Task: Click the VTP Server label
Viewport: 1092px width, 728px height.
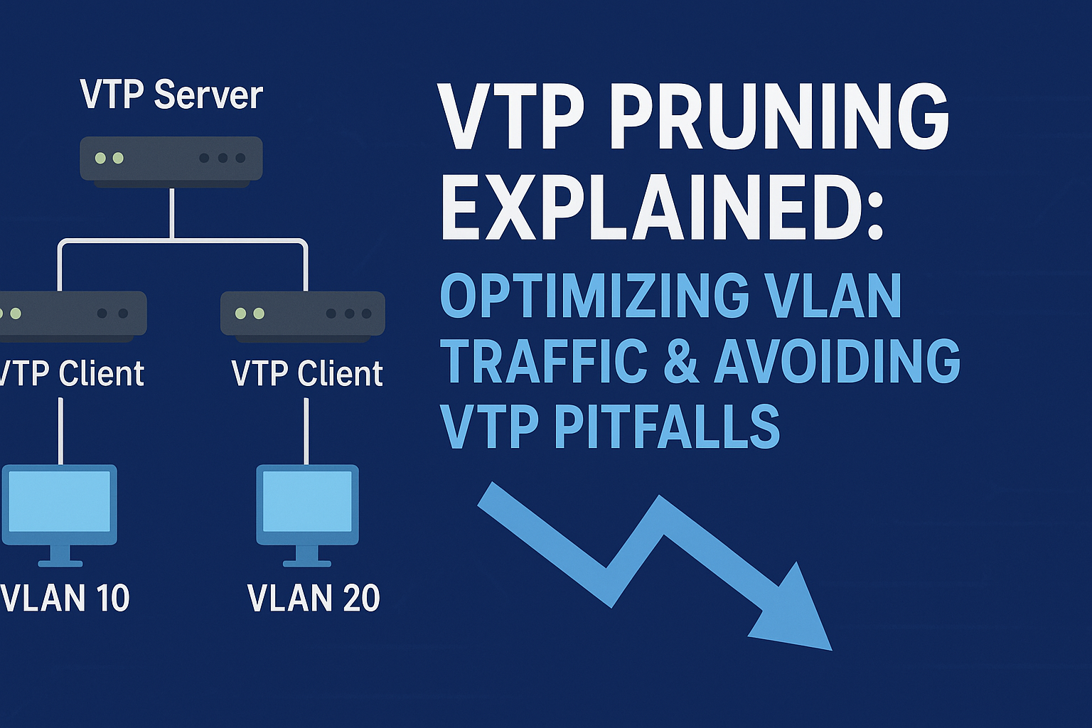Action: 171,95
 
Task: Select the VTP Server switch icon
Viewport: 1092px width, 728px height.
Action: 171,159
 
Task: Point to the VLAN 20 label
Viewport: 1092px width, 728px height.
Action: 314,598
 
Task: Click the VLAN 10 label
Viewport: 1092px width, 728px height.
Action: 65,598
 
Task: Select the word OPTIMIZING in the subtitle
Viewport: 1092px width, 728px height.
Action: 594,296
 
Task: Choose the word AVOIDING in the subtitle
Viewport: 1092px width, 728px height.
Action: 837,361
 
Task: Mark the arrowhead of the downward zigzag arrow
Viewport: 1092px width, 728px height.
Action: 796,611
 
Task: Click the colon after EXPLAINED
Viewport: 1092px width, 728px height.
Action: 874,213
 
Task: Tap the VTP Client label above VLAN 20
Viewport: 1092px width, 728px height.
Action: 307,374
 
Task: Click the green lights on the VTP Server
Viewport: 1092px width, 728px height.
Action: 109,158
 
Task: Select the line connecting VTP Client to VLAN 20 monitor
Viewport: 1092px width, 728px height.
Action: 306,430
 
